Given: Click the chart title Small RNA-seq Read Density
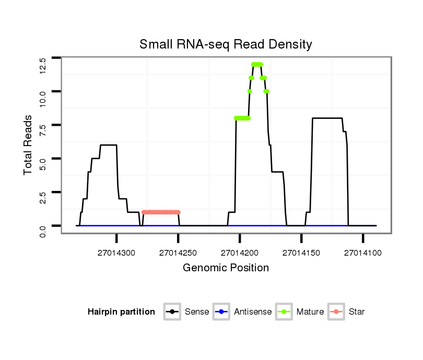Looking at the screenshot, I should [226, 44].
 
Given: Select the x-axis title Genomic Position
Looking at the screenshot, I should [226, 268].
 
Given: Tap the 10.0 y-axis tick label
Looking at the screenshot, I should [43, 92].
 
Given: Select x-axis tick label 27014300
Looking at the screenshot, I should [116, 253].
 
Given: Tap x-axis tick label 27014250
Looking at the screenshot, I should [178, 253].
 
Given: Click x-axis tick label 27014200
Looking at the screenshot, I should [240, 253].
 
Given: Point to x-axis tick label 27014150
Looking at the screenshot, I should [301, 253].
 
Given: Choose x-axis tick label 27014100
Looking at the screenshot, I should [363, 253].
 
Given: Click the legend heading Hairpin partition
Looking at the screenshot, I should [121, 312].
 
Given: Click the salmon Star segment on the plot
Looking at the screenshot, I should [161, 212].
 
